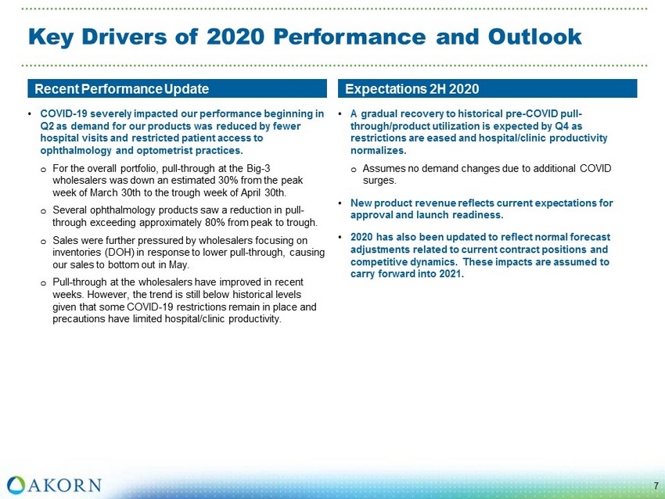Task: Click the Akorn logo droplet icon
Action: point(16,485)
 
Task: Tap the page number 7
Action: point(656,486)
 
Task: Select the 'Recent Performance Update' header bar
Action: point(178,88)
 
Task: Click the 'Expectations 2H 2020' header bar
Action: point(487,88)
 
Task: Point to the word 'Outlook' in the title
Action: point(535,37)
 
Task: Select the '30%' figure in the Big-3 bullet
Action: point(228,180)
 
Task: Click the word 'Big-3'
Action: point(258,168)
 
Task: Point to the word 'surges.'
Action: point(379,181)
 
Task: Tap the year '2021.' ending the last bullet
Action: point(451,274)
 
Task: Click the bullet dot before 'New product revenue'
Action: point(340,203)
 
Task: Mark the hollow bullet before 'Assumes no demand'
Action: point(354,170)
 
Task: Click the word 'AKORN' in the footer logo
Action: point(65,485)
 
